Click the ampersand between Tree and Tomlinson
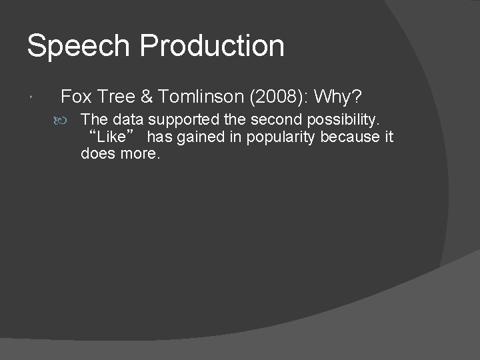click(147, 97)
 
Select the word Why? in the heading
click(338, 97)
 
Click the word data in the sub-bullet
click(126, 120)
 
